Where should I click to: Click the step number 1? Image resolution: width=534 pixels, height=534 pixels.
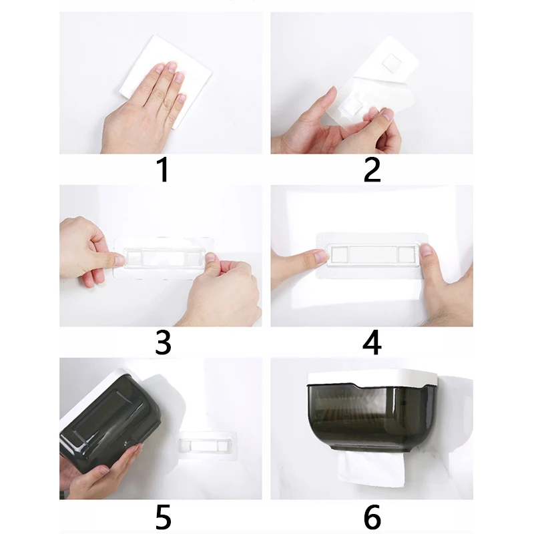point(163,170)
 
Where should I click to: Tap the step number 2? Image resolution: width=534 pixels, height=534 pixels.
point(372,170)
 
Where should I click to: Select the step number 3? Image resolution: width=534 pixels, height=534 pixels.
point(163,342)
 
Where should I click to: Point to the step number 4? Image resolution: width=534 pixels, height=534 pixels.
point(372,342)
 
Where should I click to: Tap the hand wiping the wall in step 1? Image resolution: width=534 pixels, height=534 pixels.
point(143,109)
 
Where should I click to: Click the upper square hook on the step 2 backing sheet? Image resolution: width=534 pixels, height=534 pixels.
point(391,63)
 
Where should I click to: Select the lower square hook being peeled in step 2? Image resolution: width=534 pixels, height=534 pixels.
point(352,105)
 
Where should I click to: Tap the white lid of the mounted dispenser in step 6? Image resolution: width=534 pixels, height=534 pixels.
point(372,379)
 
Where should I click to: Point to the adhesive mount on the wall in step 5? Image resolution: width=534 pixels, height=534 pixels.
point(208,445)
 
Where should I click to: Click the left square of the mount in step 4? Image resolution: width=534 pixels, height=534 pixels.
point(339,255)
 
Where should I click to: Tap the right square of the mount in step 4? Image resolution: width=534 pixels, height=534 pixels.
point(407,255)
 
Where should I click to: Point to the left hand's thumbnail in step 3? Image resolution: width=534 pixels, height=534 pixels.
point(119,260)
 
